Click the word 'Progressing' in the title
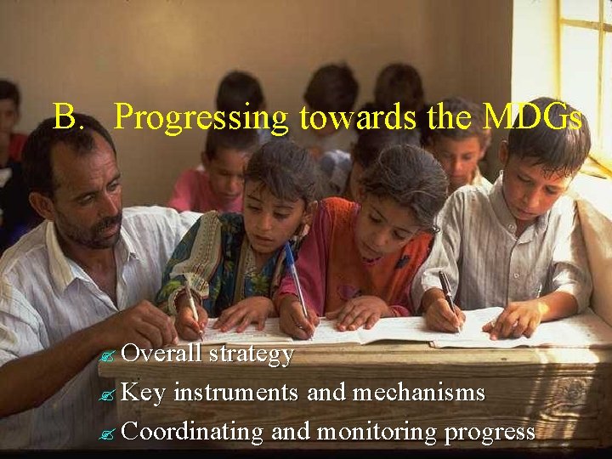(201, 118)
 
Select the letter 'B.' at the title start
(69, 116)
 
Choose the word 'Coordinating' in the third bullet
(193, 432)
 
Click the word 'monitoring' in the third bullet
(376, 432)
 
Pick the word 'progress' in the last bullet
(490, 433)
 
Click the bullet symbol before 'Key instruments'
(109, 394)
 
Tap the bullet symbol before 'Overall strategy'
(109, 355)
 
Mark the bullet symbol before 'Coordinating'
(109, 433)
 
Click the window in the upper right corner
(585, 68)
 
